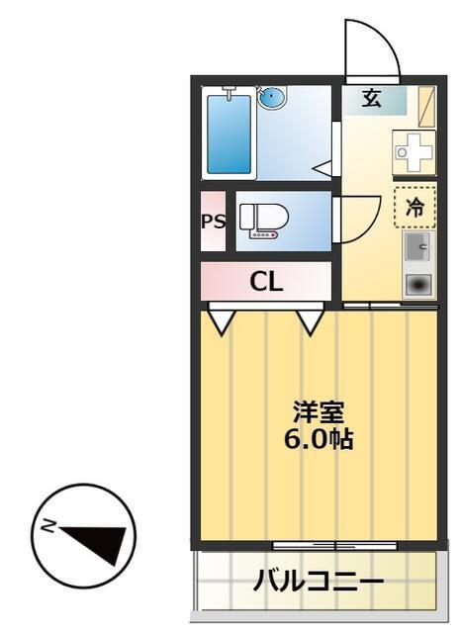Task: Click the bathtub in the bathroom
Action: [229, 134]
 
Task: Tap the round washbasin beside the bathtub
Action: [272, 97]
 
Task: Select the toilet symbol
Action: [263, 221]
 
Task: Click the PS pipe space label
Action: [214, 222]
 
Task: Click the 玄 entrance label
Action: [371, 98]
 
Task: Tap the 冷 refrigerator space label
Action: [415, 207]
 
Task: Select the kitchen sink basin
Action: [417, 246]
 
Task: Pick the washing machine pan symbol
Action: [414, 152]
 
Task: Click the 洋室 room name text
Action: [319, 412]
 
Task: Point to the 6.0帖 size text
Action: [319, 439]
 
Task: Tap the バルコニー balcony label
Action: [319, 583]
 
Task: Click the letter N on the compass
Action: [49, 526]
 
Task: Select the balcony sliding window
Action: [334, 546]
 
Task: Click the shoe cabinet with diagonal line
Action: [426, 106]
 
